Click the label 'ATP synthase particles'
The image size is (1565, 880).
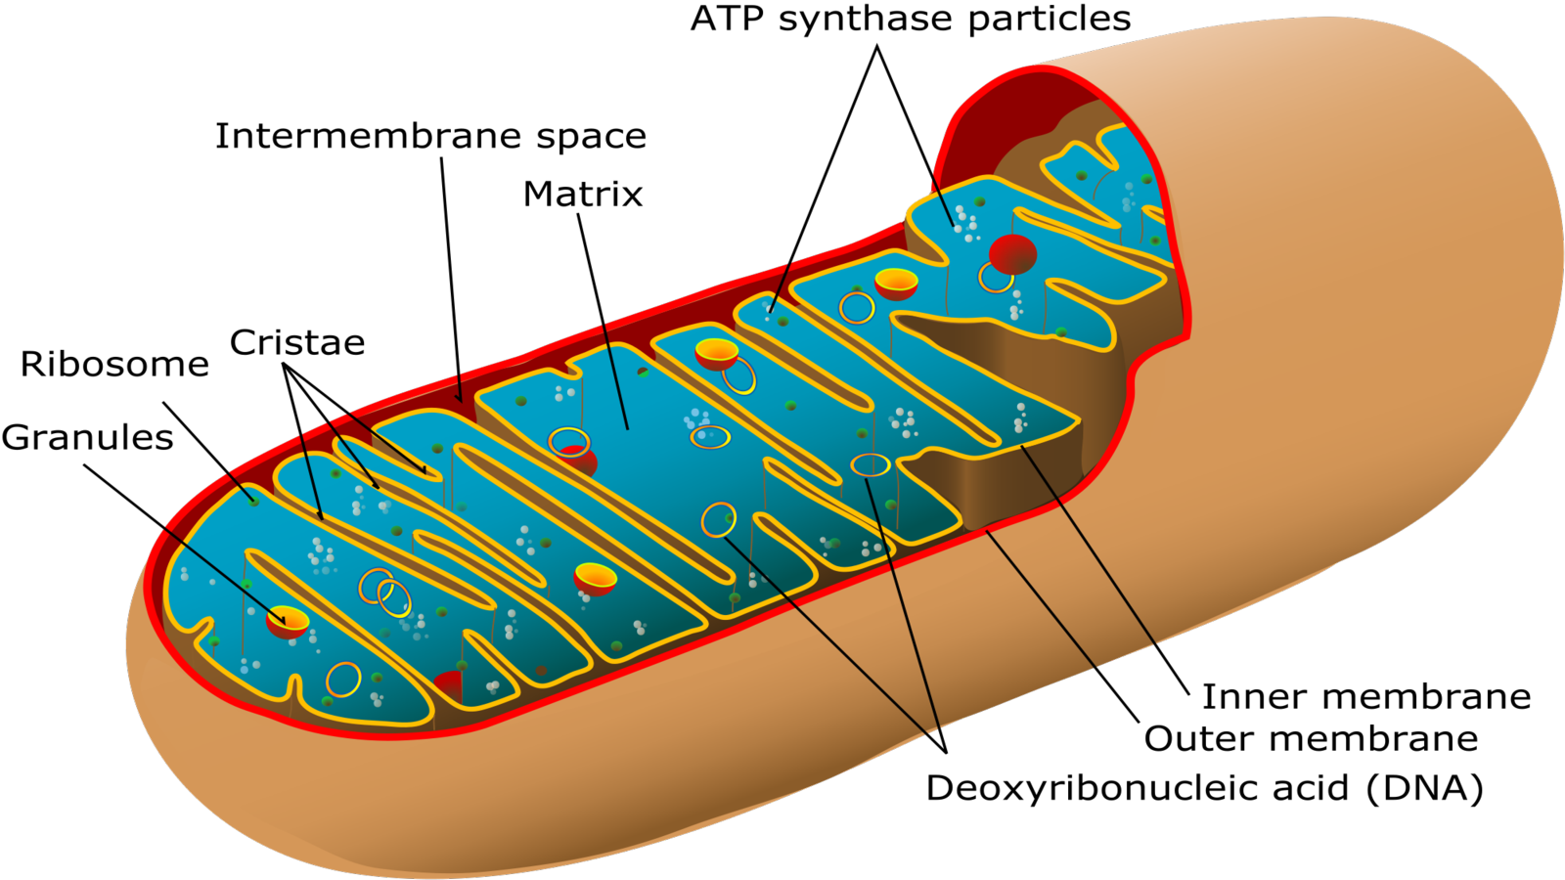(910, 20)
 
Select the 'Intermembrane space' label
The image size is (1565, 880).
(430, 137)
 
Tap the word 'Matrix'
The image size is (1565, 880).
(583, 195)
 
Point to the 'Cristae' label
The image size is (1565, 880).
(297, 343)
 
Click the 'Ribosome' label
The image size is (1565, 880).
(114, 365)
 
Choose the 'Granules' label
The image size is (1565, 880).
(87, 438)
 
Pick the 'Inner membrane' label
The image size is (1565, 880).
(1365, 697)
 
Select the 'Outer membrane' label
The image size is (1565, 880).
(1311, 739)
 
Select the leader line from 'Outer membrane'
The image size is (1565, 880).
(1066, 626)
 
